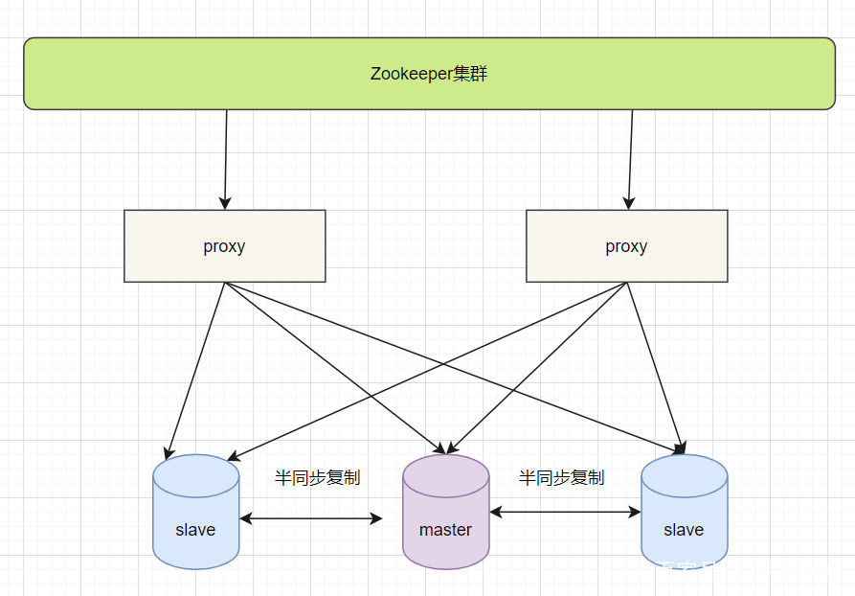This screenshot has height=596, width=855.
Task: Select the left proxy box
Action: [x=224, y=246]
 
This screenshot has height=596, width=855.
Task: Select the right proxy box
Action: [x=626, y=246]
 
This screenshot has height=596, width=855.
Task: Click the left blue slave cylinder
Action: [x=195, y=512]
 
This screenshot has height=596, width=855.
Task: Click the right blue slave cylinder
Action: [x=684, y=512]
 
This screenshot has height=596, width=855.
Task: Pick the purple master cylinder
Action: [x=445, y=512]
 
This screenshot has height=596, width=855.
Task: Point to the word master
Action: [x=445, y=530]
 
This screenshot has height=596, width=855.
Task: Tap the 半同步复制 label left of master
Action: [x=317, y=477]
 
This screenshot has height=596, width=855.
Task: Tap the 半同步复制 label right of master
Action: [x=561, y=477]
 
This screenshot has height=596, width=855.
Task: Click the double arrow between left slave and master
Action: [x=311, y=518]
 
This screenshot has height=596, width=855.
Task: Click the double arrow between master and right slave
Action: [x=565, y=513]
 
